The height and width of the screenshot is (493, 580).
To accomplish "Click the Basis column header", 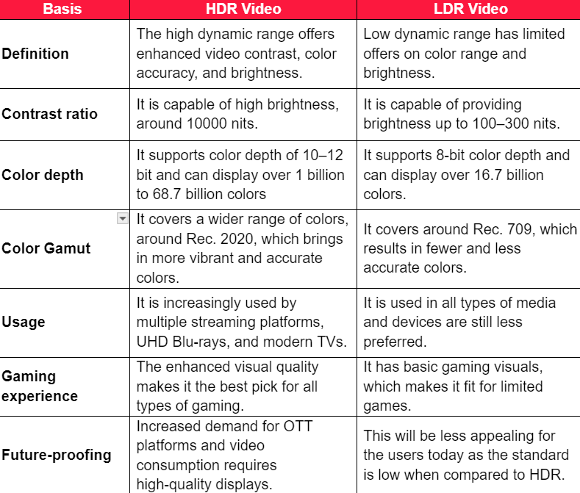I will click(x=63, y=9).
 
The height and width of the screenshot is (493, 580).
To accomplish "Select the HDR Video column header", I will click(x=243, y=9).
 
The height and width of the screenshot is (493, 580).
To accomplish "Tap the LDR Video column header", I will click(x=468, y=9).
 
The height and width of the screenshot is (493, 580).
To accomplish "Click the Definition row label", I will click(x=35, y=54).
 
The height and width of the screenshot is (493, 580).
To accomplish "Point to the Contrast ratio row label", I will click(x=49, y=114).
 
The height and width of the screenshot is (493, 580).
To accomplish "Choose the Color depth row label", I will click(x=43, y=175).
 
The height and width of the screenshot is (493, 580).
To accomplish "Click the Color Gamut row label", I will click(x=46, y=248).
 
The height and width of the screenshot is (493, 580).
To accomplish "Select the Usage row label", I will click(x=24, y=322).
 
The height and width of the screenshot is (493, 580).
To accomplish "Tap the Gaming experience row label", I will click(x=40, y=386).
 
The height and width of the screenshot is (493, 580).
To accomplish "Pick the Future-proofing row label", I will click(x=57, y=455).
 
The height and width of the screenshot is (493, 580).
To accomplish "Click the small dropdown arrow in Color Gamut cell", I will click(x=122, y=218).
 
